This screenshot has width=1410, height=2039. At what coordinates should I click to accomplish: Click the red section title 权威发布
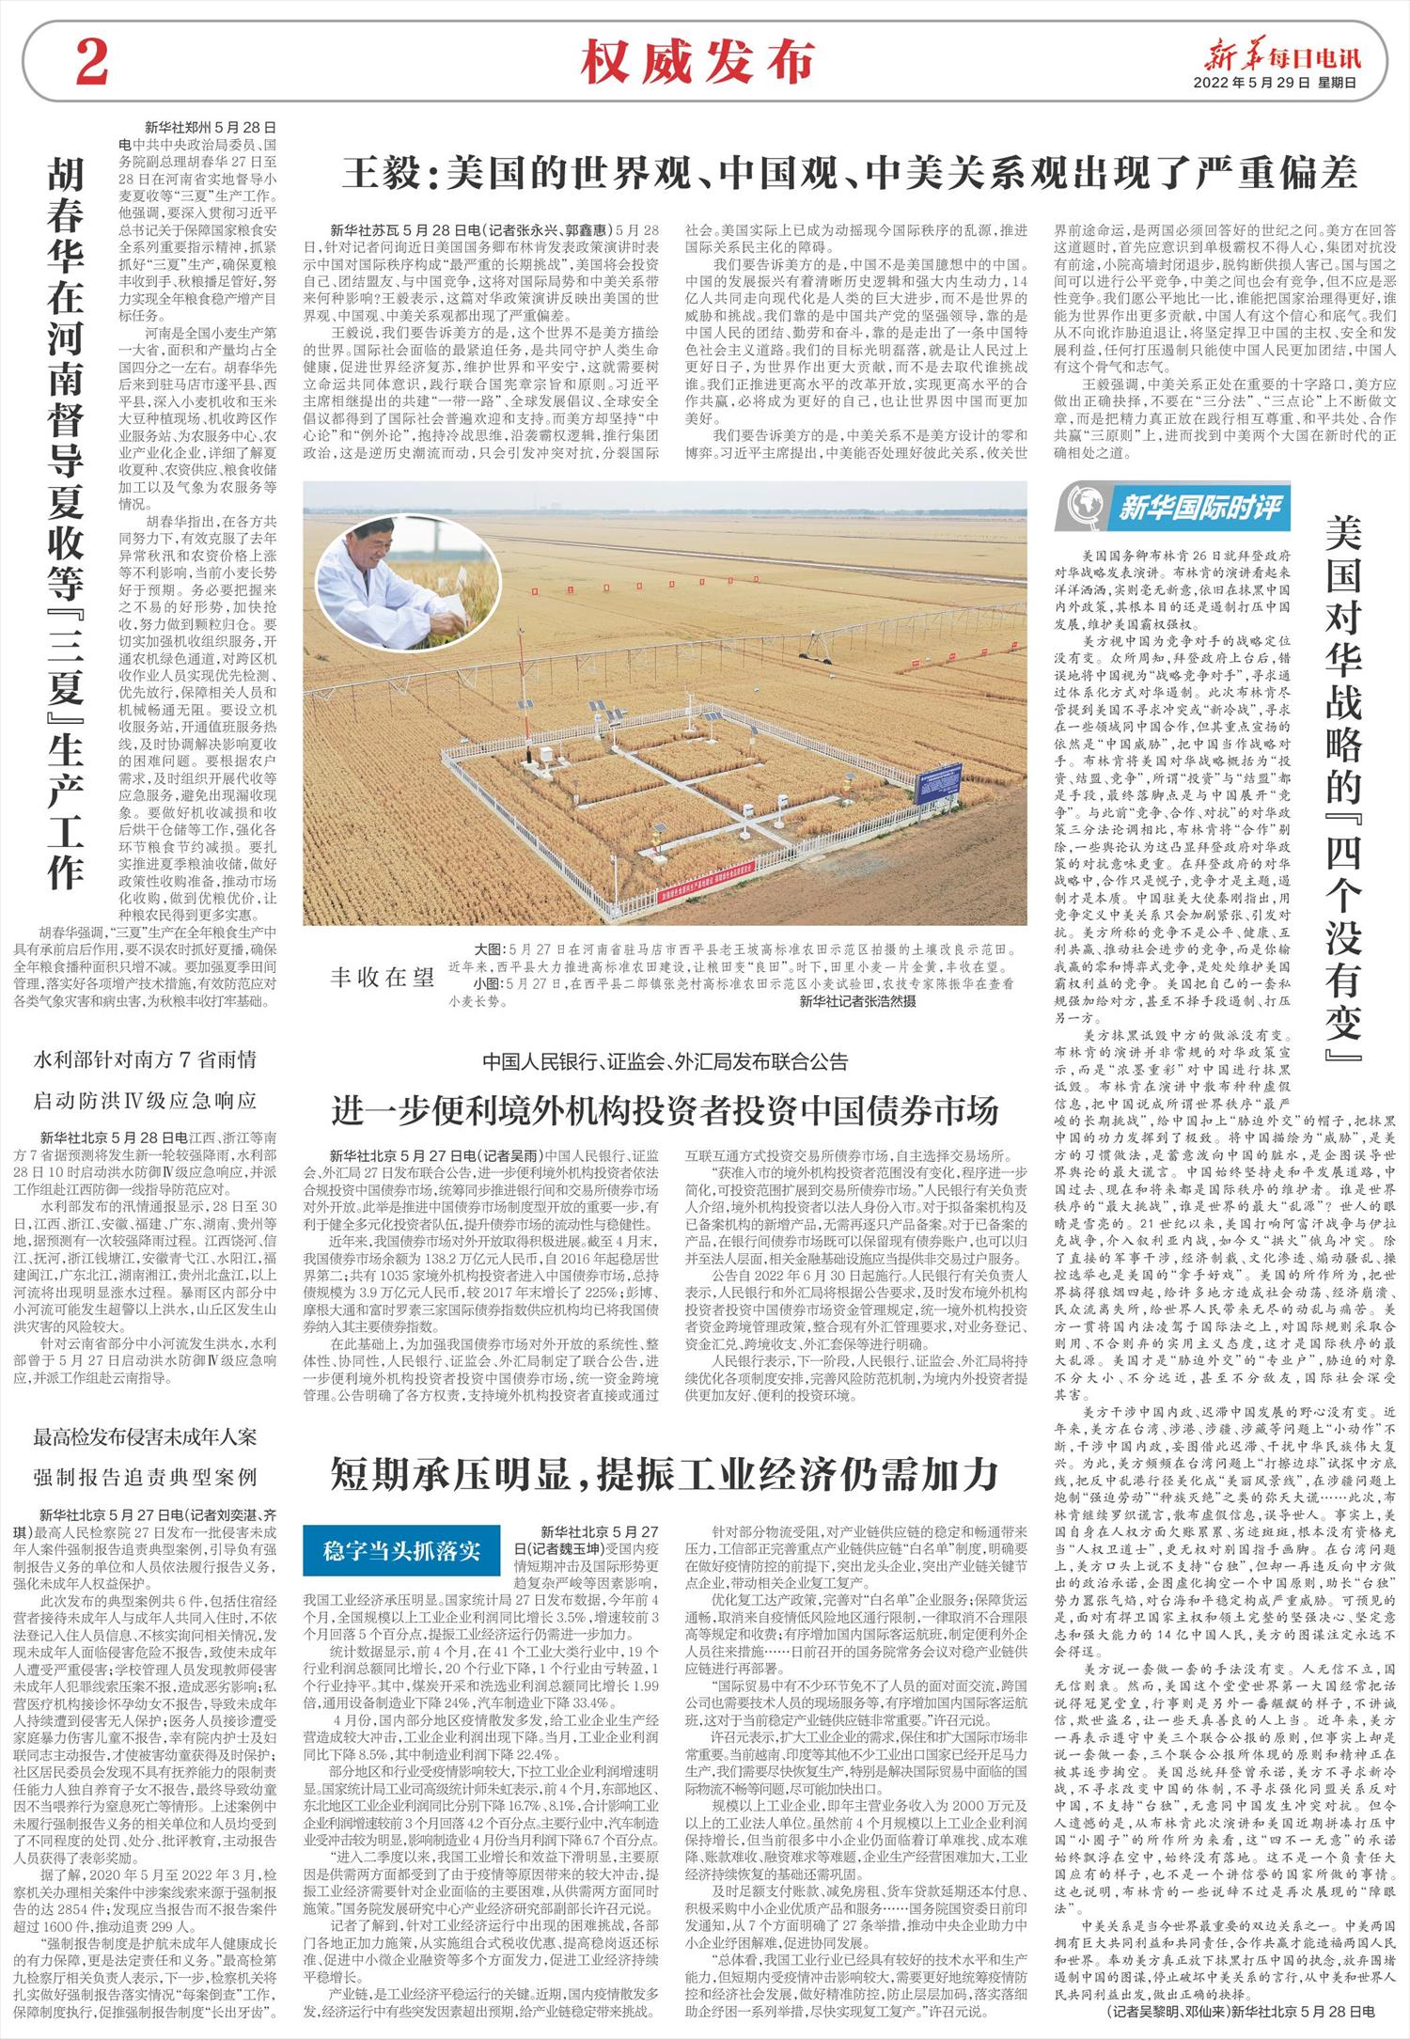coord(697,64)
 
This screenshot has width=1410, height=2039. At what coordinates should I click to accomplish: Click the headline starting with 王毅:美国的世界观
coord(850,172)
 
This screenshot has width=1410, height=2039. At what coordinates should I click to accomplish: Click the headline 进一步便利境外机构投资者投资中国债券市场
coord(664,1110)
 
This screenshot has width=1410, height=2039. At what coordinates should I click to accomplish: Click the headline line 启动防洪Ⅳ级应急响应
coord(145,1100)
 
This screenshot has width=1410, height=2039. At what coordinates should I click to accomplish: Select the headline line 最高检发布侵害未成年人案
coord(145,1437)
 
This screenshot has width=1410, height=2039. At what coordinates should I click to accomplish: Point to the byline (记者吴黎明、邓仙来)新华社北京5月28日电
coord(1241,2011)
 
